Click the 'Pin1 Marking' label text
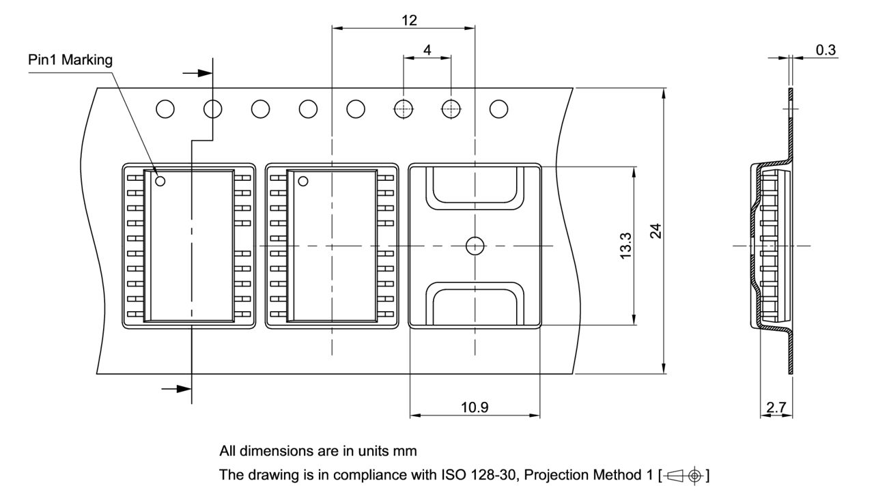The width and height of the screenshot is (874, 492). click(x=70, y=60)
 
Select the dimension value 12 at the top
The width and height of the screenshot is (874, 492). click(x=409, y=20)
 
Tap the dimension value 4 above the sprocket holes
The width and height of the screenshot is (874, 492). click(x=427, y=50)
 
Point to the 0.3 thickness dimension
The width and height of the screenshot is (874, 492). click(x=826, y=50)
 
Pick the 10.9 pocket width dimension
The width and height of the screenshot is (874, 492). click(x=475, y=407)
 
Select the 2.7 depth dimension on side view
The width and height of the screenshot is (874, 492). click(x=776, y=407)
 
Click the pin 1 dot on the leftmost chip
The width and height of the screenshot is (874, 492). click(x=160, y=181)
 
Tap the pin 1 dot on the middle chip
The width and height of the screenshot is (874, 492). click(x=302, y=181)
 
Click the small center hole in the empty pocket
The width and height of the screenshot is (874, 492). click(x=474, y=246)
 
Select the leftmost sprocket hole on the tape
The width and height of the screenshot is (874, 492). click(x=165, y=108)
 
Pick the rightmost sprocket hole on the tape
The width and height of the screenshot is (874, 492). click(x=499, y=108)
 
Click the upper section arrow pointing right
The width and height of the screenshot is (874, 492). click(x=198, y=72)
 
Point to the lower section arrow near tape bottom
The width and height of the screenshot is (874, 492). click(x=177, y=388)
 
